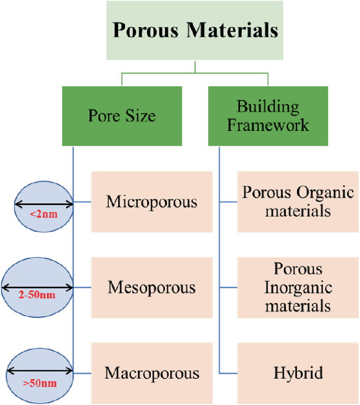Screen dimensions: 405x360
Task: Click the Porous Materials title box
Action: pyautogui.click(x=195, y=30)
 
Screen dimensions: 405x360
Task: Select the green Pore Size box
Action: pyautogui.click(x=122, y=116)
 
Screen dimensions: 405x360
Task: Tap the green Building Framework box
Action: pyautogui.click(x=268, y=116)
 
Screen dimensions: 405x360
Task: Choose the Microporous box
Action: pyautogui.click(x=152, y=201)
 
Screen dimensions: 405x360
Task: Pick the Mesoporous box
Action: pyautogui.click(x=152, y=288)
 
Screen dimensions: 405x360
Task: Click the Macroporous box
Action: pyautogui.click(x=152, y=373)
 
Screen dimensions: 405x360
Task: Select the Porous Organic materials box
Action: pyautogui.click(x=298, y=201)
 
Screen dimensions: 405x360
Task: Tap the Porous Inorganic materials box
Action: pyautogui.click(x=298, y=288)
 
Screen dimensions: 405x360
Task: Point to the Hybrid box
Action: pyautogui.click(x=298, y=373)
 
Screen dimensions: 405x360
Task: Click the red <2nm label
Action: pyautogui.click(x=44, y=214)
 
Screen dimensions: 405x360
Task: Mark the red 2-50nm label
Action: pyautogui.click(x=37, y=296)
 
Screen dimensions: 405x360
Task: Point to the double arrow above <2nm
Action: pyautogui.click(x=44, y=204)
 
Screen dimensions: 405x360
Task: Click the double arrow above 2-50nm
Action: pyautogui.click(x=37, y=287)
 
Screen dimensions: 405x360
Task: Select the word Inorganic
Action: pyautogui.click(x=298, y=288)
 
